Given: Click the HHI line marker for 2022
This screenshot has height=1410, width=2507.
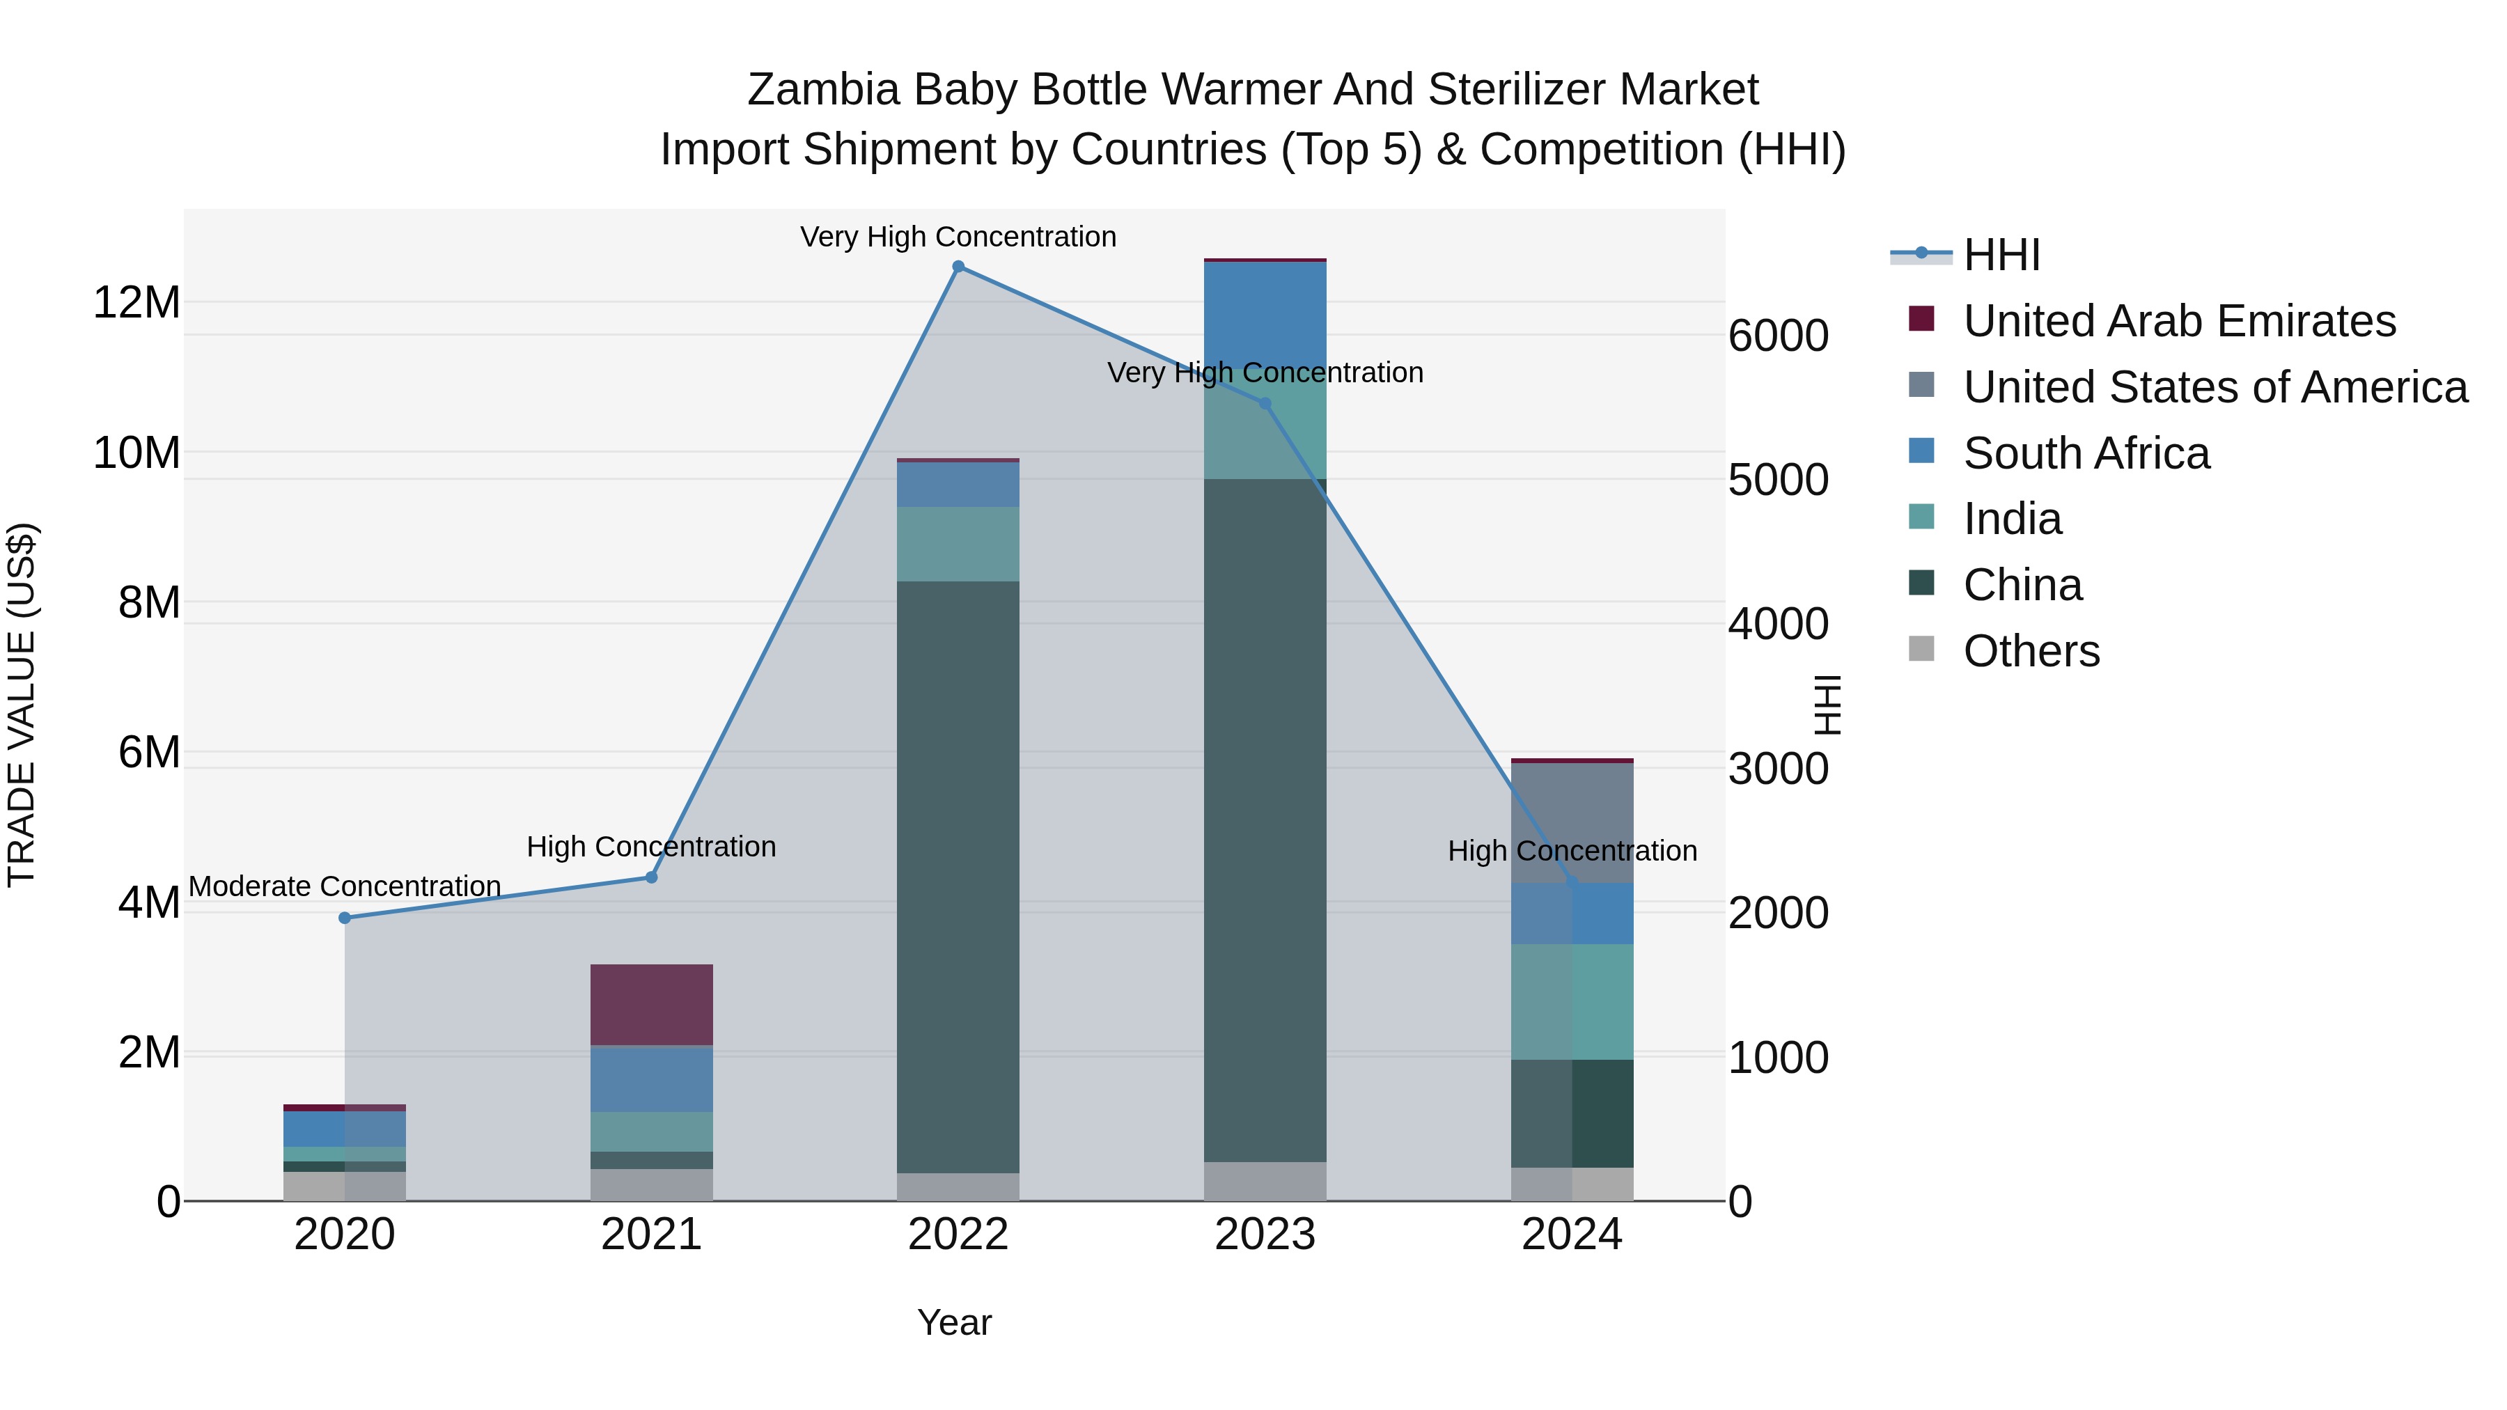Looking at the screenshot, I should coord(958,267).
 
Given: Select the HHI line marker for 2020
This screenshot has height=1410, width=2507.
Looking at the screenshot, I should coord(345,918).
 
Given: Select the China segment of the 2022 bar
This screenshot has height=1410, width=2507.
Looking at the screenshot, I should coord(958,876).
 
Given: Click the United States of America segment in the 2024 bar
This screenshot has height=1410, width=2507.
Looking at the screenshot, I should coord(1572,822).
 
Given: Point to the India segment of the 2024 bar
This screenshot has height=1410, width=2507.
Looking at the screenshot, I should coord(1572,1001).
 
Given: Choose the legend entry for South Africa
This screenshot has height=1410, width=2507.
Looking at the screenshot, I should coord(2086,453).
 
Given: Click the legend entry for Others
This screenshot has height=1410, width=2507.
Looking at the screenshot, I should coord(2031,651).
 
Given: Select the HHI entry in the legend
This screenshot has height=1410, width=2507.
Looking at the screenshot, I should coord(2001,255).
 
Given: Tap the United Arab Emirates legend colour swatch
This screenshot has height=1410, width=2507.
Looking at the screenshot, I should coord(1921,318).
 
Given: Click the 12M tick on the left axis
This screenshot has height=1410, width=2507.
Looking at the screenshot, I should coord(136,303).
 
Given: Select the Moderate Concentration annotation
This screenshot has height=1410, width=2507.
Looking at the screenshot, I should coord(345,886).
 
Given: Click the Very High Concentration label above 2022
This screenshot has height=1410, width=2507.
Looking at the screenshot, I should coord(958,237).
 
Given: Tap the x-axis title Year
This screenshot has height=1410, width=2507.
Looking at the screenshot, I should coord(954,1322).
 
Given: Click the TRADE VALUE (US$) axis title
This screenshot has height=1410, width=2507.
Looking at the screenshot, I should coord(22,705).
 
